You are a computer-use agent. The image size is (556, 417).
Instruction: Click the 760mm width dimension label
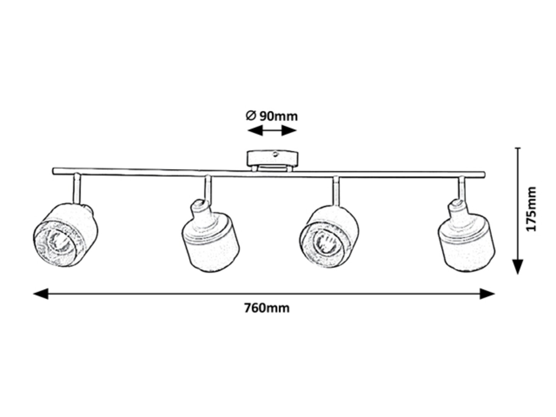coord(266,308)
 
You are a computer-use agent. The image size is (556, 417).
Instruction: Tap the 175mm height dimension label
coord(532,209)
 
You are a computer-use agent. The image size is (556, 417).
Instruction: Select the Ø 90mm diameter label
coord(272,116)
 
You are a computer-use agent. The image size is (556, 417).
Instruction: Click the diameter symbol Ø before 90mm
coord(251,115)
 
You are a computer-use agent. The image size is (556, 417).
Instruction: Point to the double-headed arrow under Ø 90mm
coord(272,131)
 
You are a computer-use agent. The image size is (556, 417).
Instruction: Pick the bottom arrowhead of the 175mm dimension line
coord(517,266)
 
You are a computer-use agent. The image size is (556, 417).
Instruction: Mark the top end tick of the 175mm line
coord(517,148)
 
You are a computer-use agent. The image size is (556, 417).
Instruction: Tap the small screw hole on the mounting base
coord(276,154)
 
